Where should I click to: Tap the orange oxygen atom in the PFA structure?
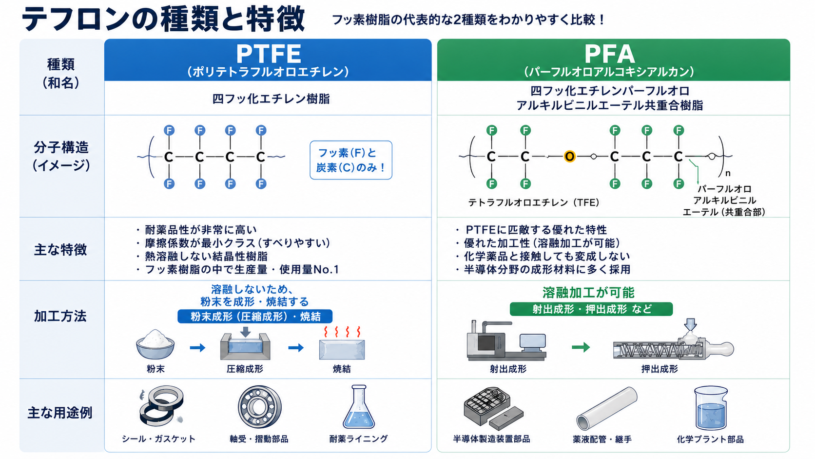pos(569,157)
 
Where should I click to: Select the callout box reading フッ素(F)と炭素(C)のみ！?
pos(351,160)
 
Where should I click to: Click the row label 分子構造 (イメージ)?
pos(61,157)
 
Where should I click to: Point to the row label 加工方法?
pos(60,316)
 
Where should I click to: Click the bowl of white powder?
pos(155,344)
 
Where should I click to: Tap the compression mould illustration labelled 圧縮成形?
pos(245,343)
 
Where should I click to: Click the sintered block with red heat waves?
pos(342,343)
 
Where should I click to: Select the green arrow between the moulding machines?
pos(581,347)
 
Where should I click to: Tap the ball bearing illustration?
pos(260,407)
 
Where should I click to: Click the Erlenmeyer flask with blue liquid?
pos(359,407)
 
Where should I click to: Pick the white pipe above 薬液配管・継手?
pos(607,408)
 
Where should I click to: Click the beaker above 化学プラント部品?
pos(711,408)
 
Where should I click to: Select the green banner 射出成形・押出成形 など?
pos(591,309)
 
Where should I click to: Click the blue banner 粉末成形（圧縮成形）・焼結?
pos(255,316)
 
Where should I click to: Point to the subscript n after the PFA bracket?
pos(728,173)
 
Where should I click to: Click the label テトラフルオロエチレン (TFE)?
pos(533,202)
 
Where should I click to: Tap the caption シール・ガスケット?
pos(158,439)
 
